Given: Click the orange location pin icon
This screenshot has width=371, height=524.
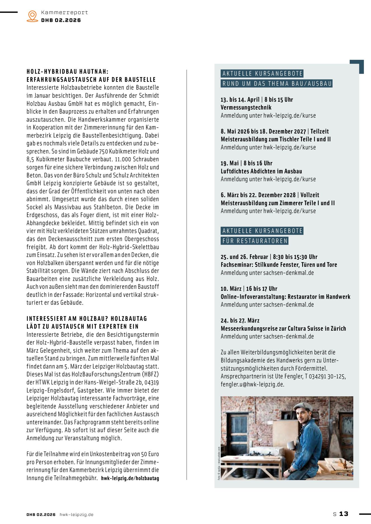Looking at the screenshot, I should pos(32,16).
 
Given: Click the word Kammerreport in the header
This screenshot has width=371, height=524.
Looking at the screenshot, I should pos(64,13).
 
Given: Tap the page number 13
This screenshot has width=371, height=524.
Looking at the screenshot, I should pos(344,514).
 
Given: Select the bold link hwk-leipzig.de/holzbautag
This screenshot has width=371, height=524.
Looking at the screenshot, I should pos(130,478).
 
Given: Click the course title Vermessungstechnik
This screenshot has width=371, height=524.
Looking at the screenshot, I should pos(246,108).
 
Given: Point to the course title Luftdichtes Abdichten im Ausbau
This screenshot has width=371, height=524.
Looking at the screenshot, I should pos(261,171).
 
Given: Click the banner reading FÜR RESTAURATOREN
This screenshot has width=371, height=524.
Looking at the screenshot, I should pos(255,241).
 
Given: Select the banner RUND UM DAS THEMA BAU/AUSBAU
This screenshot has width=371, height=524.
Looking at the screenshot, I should pos(277,84).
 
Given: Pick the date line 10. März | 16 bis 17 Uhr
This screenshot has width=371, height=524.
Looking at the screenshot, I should pos(249,289).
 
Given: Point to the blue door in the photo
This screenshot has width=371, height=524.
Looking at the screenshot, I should pos(238,430).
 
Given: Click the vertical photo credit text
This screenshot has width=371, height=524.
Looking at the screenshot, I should pos(219,463).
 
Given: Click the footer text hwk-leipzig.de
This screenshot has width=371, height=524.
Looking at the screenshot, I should pos(76,514).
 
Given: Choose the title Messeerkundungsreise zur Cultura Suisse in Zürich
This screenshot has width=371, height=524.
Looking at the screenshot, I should pos(283,329).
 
